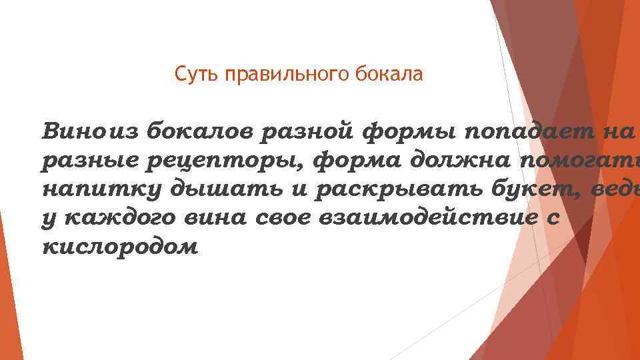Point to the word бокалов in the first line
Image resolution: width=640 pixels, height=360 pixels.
click(x=197, y=130)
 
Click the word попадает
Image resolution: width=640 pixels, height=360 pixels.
click(x=515, y=130)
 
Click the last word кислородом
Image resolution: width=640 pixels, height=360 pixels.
click(x=120, y=246)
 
